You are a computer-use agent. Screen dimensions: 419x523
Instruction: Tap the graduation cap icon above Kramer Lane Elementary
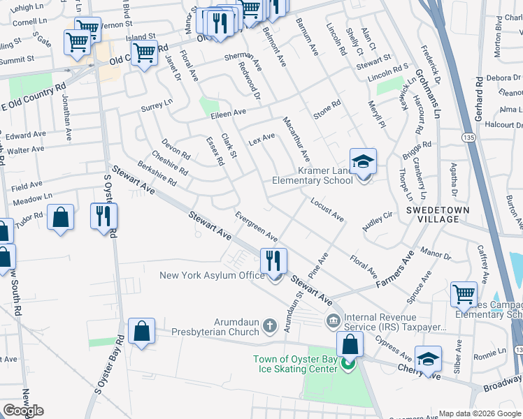[x=363, y=161]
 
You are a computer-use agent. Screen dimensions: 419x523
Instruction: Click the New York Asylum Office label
[x=212, y=276]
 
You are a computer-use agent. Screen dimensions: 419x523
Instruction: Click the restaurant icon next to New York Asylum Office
[x=273, y=261]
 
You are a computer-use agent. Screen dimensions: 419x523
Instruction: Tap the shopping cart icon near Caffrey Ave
[x=464, y=294]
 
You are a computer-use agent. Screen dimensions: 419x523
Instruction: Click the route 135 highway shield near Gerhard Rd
[x=468, y=139]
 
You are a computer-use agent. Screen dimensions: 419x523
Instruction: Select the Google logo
[x=23, y=411]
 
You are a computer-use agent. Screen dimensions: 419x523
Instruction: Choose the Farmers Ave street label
[x=396, y=274]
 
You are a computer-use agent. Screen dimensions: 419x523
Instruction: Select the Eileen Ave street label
[x=229, y=112]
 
